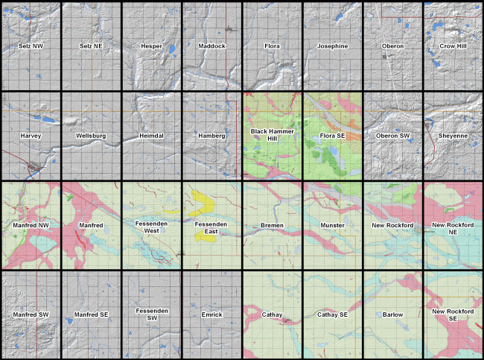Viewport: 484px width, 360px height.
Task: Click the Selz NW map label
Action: point(31,46)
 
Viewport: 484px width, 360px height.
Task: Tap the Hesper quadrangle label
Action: point(151,46)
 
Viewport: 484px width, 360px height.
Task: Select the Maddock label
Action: point(211,46)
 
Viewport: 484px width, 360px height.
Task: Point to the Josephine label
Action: point(332,46)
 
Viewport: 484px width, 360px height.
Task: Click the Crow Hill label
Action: point(453,46)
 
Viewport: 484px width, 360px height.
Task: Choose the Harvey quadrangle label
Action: point(31,136)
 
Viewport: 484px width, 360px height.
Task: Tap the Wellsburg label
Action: point(91,136)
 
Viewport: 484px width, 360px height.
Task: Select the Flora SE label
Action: point(332,136)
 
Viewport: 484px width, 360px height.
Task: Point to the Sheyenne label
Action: point(453,136)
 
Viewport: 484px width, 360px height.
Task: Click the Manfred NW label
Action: point(31,225)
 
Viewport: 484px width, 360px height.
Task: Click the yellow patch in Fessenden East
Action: point(201,200)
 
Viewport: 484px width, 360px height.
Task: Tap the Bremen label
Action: point(272,225)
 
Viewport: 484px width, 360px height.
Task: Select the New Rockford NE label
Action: point(453,229)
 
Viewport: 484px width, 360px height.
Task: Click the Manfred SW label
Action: point(31,315)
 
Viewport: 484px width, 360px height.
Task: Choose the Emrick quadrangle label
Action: point(211,315)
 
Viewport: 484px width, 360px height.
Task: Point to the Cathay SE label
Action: point(332,315)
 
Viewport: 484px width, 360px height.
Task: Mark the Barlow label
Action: point(392,315)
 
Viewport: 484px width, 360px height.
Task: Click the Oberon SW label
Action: point(392,136)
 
